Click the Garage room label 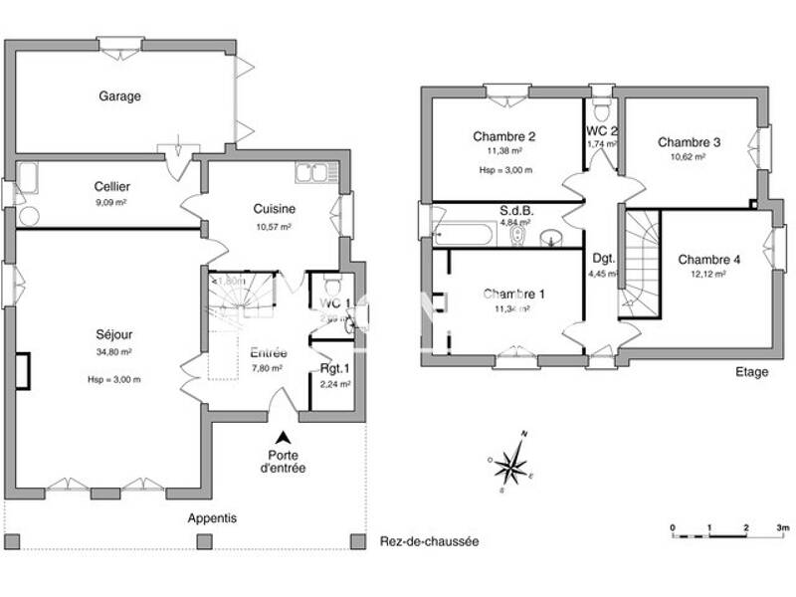[119, 97]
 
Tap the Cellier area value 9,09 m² [111, 202]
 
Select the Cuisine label [272, 209]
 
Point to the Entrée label [269, 352]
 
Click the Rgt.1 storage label [332, 369]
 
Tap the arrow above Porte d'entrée [284, 437]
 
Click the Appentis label [213, 518]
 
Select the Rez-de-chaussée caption [430, 542]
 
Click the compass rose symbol [514, 463]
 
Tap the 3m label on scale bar [783, 526]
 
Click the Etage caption [751, 372]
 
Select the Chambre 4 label [708, 260]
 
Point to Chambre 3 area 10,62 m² [689, 157]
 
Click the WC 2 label [602, 130]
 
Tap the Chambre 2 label [504, 136]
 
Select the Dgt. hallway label [603, 257]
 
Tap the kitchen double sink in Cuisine [311, 173]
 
